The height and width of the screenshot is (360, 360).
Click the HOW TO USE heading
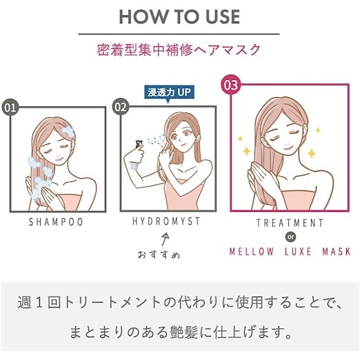179,17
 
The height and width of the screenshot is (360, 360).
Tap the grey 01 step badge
10,108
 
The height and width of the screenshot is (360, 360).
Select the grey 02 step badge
121,107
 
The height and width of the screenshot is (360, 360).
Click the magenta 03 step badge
231,85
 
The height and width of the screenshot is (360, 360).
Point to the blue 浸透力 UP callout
169,93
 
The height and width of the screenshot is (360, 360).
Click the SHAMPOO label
56,222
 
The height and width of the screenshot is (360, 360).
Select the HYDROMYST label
166,221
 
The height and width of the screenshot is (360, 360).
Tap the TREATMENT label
290,223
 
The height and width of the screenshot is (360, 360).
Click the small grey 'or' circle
290,237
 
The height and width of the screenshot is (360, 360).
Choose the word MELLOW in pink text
252,252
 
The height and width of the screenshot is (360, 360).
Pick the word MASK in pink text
337,252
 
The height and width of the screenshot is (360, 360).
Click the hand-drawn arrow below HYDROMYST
166,239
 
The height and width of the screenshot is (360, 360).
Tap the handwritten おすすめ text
159,254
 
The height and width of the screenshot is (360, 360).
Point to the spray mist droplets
157,140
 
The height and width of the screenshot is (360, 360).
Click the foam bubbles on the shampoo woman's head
67,132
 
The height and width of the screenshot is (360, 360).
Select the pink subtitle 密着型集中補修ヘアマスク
179,50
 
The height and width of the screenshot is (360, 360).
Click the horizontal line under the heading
179,34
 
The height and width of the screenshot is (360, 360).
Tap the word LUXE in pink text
298,252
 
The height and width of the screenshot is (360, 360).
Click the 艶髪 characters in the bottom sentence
183,332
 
